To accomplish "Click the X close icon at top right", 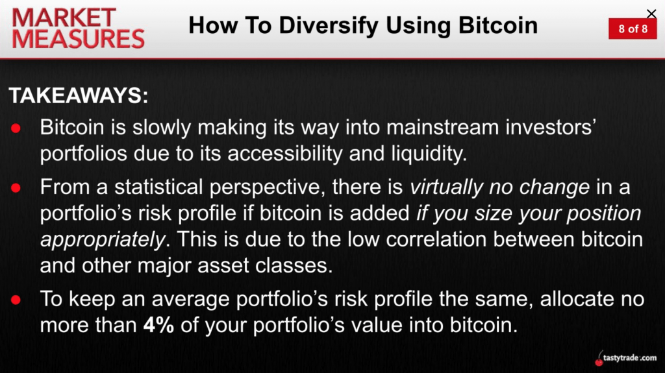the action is click(651, 14).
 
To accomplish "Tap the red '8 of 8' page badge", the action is click(633, 29).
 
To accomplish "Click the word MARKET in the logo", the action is click(64, 18).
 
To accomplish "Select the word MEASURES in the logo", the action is click(79, 39).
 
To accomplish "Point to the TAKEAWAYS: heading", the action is click(79, 95).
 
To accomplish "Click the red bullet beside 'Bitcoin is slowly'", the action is click(16, 128).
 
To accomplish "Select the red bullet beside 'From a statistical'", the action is click(16, 187).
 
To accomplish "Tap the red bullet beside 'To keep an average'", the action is click(16, 300).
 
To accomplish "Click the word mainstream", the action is click(442, 128).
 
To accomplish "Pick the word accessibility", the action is click(284, 154).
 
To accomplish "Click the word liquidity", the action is click(429, 154).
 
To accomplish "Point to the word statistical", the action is click(158, 187).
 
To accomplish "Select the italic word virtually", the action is click(446, 187).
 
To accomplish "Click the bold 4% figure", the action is click(158, 326).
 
